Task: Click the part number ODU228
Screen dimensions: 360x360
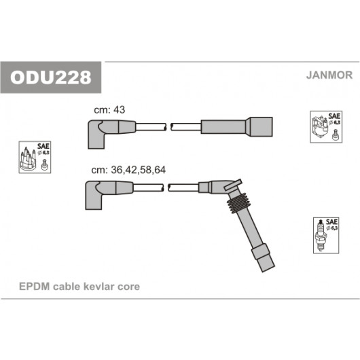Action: tap(50, 77)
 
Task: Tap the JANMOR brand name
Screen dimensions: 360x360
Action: tap(329, 75)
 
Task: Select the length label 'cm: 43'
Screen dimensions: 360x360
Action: tap(109, 110)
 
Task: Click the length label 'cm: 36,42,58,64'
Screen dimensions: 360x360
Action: tap(128, 170)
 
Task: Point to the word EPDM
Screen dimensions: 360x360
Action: tap(35, 287)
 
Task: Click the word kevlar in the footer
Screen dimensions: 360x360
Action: tap(98, 287)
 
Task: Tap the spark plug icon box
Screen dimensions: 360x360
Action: tap(326, 236)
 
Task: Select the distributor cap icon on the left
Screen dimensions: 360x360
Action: tap(35, 158)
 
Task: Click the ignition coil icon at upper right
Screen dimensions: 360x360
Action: tap(326, 127)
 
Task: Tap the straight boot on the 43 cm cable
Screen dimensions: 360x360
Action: tap(236, 127)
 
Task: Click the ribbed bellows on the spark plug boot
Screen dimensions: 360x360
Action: tap(238, 202)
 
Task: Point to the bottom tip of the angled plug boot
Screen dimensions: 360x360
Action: tap(269, 269)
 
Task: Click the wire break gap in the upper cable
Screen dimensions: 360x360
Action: tap(168, 127)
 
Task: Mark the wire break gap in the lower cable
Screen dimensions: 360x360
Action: tap(166, 187)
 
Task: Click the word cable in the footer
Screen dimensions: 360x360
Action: tap(67, 287)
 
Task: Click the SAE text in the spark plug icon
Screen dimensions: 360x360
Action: tap(331, 222)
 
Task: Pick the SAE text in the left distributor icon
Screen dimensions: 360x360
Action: tap(43, 146)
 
